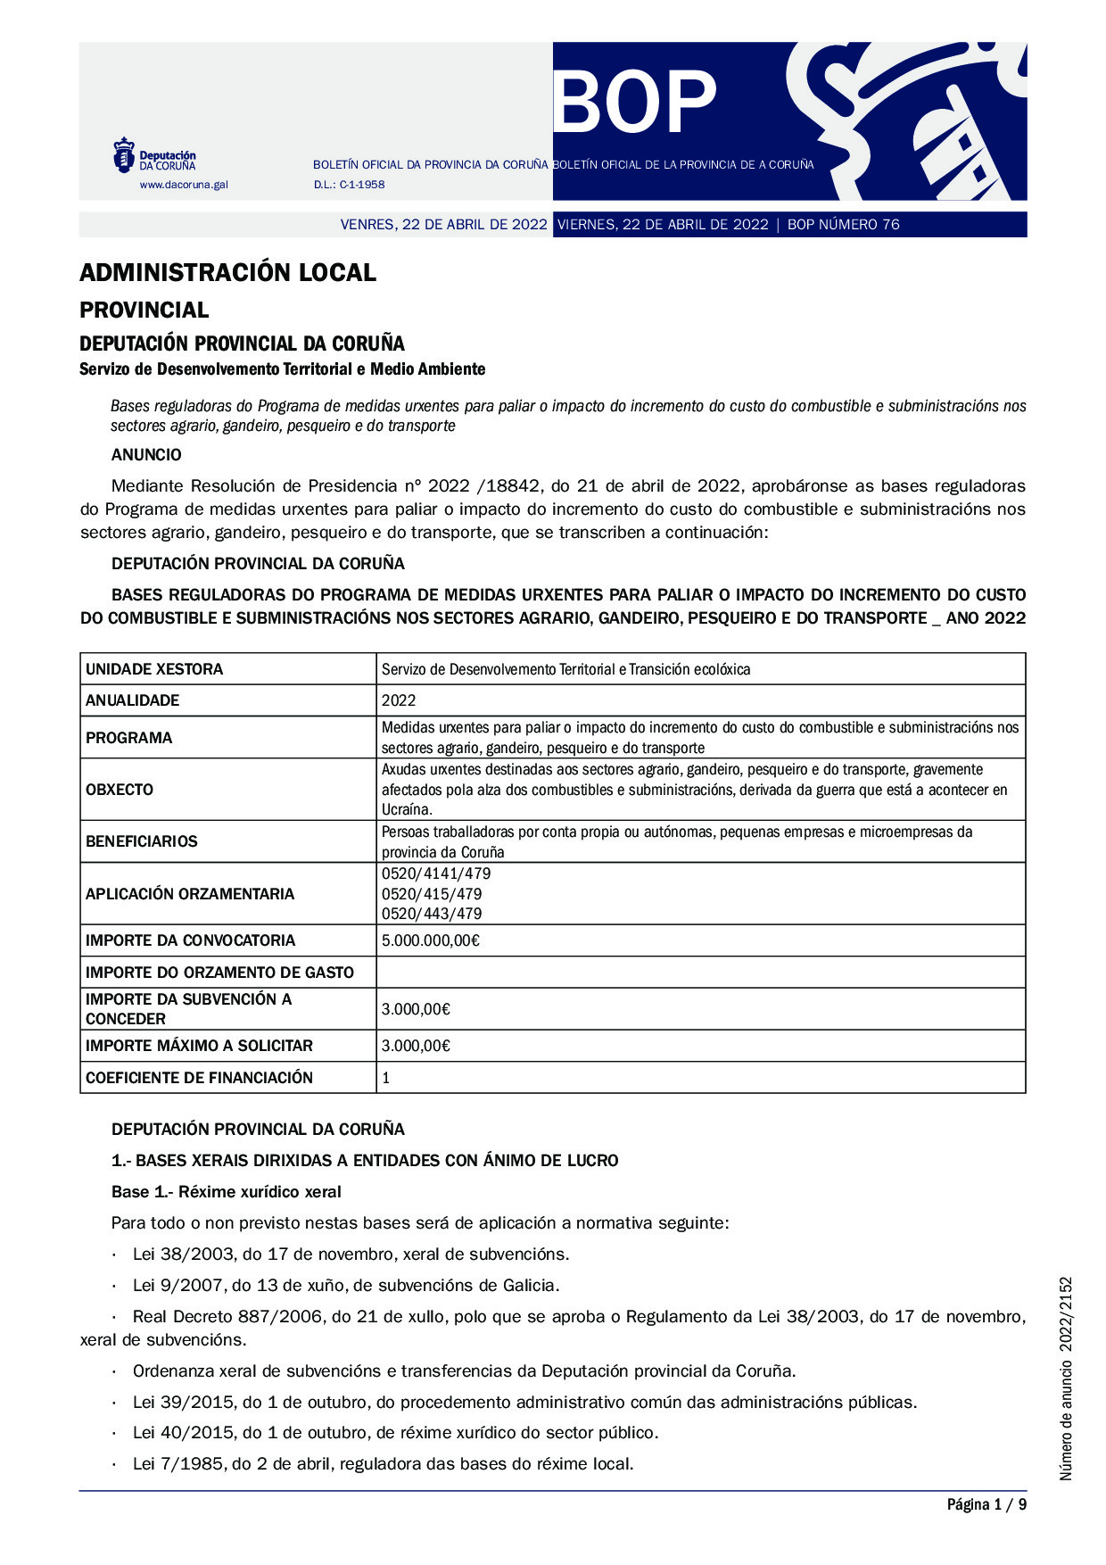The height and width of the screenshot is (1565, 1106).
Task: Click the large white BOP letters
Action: click(635, 102)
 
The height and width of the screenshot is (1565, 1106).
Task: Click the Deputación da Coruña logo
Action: click(153, 155)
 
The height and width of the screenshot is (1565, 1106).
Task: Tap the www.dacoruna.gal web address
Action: click(183, 185)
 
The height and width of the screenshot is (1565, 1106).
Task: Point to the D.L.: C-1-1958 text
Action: click(349, 185)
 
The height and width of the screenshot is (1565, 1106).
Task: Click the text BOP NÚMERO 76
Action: click(843, 225)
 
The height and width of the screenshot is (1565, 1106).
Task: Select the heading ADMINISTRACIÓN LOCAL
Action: click(227, 272)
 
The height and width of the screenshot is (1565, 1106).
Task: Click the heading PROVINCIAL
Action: click(144, 310)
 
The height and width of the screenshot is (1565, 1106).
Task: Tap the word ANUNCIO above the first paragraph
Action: click(146, 455)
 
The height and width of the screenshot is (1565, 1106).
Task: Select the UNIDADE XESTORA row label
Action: click(154, 669)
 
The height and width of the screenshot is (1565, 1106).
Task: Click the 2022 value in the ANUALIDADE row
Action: click(399, 700)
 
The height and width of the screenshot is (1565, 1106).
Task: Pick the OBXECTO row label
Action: click(120, 790)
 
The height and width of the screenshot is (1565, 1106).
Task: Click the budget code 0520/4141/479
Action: click(436, 874)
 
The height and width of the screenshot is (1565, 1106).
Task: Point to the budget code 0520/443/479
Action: click(432, 914)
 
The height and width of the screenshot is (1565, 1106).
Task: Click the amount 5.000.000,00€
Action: click(430, 940)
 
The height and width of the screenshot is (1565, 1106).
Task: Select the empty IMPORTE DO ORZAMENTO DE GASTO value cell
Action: click(700, 973)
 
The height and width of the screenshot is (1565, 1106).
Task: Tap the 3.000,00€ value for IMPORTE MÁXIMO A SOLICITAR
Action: click(416, 1046)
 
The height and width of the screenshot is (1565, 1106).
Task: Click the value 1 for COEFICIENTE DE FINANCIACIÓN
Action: click(386, 1078)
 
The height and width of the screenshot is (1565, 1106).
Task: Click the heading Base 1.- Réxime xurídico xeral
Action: click(227, 1192)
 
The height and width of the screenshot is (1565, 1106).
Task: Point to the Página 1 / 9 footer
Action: click(986, 1505)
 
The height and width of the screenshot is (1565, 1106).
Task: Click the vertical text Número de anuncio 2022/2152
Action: click(1066, 1379)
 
